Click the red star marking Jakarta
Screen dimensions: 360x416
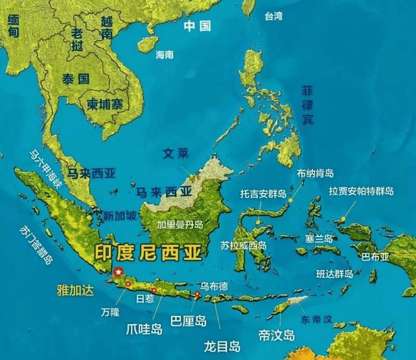point(117,272)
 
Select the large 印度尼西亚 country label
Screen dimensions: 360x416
point(149,252)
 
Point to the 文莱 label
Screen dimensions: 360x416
point(175,153)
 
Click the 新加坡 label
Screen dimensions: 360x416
point(120,216)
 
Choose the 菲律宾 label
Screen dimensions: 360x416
point(307,105)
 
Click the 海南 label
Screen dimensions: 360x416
point(165,55)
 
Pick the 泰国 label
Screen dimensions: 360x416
point(76,79)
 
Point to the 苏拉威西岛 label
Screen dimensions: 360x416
point(243,245)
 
